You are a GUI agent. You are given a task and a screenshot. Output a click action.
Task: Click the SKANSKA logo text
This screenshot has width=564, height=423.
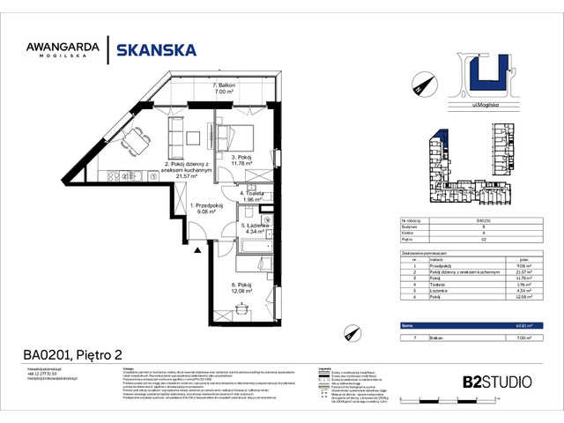158,49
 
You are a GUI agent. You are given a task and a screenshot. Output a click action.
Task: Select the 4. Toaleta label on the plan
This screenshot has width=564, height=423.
252,196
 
